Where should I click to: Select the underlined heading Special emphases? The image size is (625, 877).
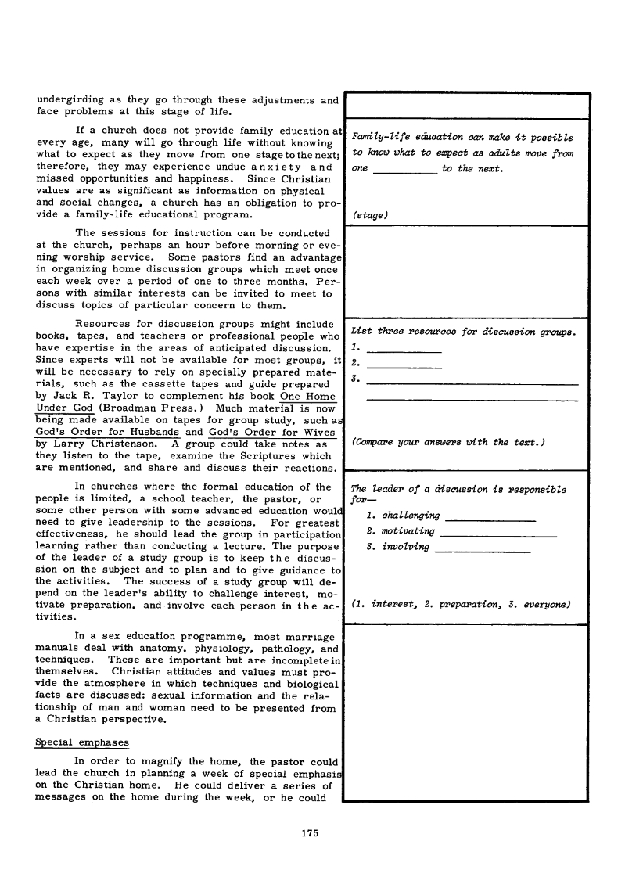pos(83,741)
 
